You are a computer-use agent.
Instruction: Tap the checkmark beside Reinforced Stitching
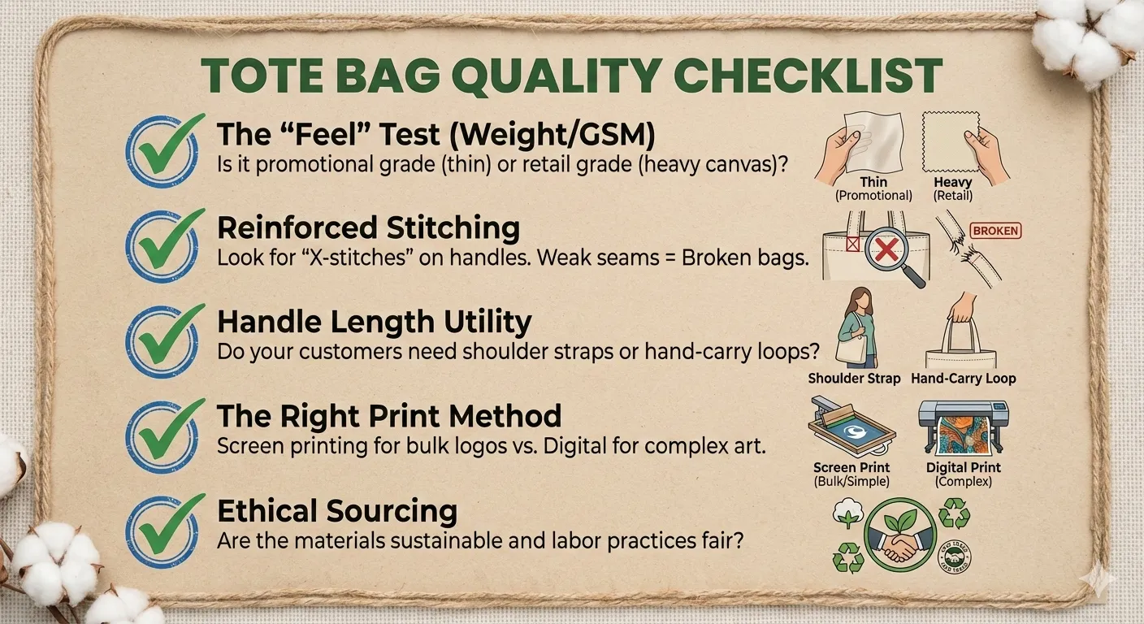click(165, 245)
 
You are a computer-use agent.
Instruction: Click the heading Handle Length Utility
click(375, 323)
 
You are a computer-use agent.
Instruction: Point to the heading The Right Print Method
click(389, 416)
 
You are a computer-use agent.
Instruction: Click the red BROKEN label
click(995, 231)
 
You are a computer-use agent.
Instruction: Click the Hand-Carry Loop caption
click(964, 379)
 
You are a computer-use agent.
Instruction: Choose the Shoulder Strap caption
click(855, 379)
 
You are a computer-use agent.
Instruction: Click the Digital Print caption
click(964, 467)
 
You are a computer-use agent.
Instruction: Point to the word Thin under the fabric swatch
click(873, 183)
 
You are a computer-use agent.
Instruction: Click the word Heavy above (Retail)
click(953, 183)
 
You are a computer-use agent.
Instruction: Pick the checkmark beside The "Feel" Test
click(165, 150)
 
